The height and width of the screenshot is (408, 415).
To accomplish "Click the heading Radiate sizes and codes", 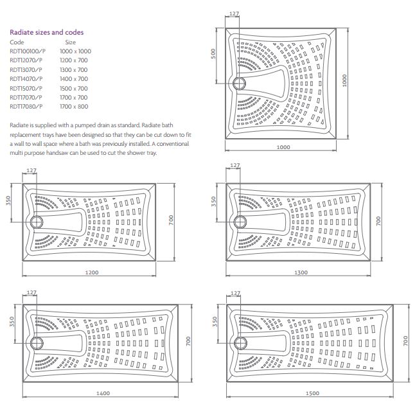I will coord(46,32).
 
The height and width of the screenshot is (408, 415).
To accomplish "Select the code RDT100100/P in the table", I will coord(28,51).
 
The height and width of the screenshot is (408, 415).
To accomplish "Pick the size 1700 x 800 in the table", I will coord(74,106).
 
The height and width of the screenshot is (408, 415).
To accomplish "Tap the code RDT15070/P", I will coord(26,87).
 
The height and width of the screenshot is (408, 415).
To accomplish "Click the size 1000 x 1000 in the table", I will coord(75,51).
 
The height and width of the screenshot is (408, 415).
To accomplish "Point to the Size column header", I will coord(71,42).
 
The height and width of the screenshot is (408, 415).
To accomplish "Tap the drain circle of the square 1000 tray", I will coord(240,83).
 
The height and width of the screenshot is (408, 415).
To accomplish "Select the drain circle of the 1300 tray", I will coord(241,222).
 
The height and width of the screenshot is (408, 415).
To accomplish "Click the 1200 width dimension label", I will coord(92,272).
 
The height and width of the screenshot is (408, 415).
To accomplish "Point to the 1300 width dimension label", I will coord(299,272).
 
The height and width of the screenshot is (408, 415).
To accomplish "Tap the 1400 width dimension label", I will coord(103,393).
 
